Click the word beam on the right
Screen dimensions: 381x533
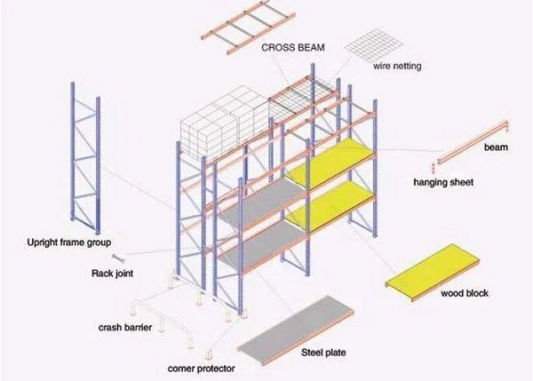pos(495,147)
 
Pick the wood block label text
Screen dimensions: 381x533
pos(467,292)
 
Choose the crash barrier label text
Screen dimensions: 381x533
pos(124,328)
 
